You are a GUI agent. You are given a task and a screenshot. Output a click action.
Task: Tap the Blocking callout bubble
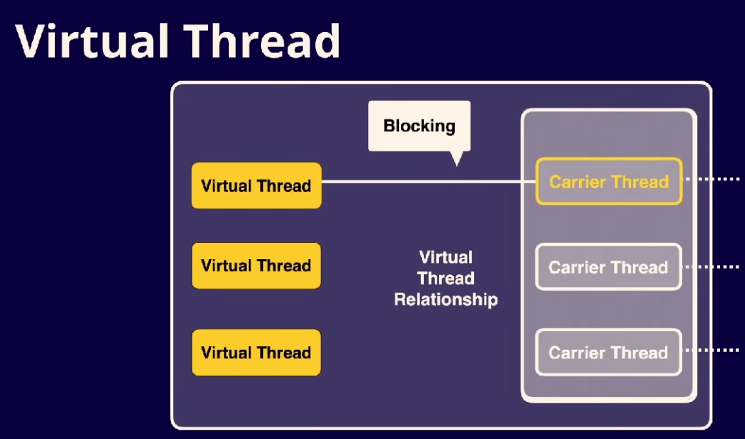click(419, 126)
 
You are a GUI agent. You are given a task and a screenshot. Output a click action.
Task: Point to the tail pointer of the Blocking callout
click(456, 159)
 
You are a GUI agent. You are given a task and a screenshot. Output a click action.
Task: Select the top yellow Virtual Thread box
click(256, 186)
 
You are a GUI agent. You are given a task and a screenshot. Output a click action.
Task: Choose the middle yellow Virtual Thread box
click(256, 266)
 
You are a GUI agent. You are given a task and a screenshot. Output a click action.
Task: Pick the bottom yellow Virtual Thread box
click(256, 352)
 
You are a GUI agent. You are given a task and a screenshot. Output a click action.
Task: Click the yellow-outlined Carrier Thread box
click(608, 181)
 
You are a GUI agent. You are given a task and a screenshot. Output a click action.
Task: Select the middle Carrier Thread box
click(608, 267)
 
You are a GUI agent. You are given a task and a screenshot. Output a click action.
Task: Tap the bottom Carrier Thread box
click(608, 352)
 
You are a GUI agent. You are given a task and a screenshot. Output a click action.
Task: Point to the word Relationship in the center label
click(445, 299)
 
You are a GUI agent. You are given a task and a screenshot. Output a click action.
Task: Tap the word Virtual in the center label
click(445, 257)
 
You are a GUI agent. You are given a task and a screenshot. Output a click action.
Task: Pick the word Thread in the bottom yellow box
click(285, 352)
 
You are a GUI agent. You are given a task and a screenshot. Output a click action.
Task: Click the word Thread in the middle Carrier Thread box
click(640, 267)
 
